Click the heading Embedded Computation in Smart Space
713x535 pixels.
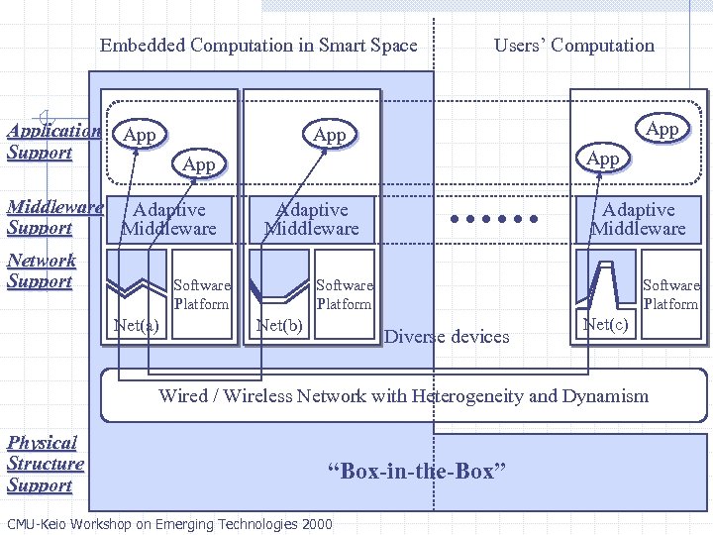point(258,46)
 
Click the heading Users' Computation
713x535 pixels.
point(573,46)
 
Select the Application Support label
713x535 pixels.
point(52,142)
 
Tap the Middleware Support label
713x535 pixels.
point(54,218)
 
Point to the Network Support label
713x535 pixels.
point(41,270)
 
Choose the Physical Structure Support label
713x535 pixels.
point(45,464)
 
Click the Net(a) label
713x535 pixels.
point(137,325)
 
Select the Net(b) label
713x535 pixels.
point(279,325)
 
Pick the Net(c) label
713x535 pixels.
point(606,325)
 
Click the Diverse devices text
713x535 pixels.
point(446,337)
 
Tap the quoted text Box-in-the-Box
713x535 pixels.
point(416,472)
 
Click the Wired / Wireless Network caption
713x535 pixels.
point(403,396)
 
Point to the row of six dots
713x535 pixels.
point(492,219)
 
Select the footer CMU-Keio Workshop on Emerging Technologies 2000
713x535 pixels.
point(169,524)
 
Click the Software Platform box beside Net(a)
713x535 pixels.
point(201,295)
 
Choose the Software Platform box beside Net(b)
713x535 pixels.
point(344,295)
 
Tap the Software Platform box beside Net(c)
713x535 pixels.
point(670,295)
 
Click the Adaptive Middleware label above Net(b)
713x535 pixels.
point(312,219)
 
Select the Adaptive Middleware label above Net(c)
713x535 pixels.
point(638,219)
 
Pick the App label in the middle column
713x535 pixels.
point(329,135)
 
